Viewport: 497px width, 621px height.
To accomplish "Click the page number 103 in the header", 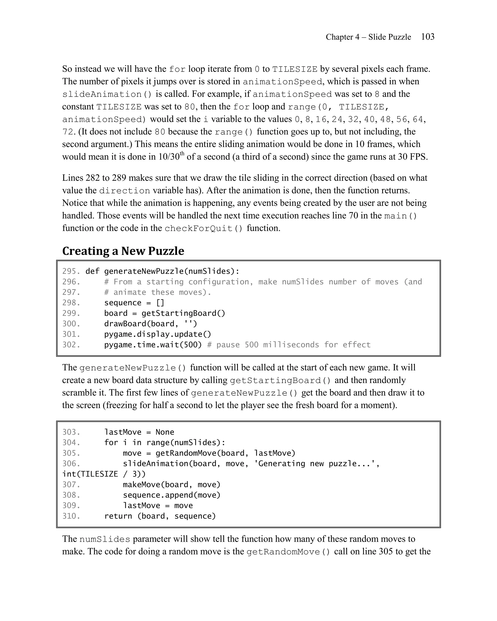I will [428, 37].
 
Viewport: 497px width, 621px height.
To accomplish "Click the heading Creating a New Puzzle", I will [123, 251].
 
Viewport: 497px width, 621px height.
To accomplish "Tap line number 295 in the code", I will [71, 271].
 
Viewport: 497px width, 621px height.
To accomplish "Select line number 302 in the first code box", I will [71, 345].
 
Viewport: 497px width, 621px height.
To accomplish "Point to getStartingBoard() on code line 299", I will [183, 313].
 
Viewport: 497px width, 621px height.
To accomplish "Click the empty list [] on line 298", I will [160, 303].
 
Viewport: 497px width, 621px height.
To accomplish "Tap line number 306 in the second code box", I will [71, 464].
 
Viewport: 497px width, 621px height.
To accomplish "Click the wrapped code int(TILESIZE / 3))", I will [104, 474].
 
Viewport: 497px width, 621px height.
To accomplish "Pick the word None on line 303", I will [165, 432].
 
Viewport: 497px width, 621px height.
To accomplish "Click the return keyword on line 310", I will [118, 516].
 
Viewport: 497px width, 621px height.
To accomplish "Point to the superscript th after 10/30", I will [182, 154].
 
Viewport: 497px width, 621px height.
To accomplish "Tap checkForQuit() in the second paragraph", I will [203, 229].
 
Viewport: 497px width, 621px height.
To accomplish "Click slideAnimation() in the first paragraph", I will [107, 94].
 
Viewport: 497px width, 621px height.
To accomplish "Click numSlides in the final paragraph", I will [105, 539].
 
